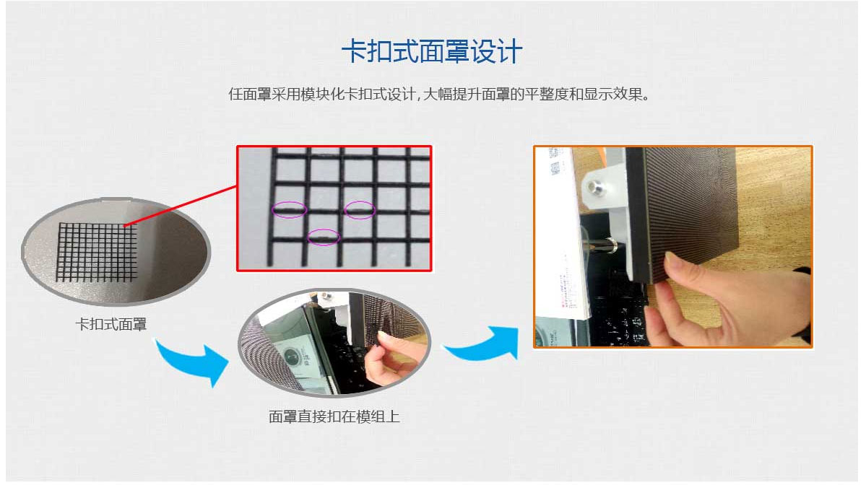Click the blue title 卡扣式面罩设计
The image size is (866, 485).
click(431, 52)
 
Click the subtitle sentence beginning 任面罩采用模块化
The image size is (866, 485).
click(438, 95)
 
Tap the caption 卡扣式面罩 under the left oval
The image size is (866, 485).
click(111, 325)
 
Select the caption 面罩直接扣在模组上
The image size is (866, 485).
click(334, 416)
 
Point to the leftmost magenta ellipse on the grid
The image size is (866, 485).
click(289, 210)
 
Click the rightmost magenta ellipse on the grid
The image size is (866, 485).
click(360, 210)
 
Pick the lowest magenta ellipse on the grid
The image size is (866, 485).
click(323, 237)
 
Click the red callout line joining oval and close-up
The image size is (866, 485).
click(181, 206)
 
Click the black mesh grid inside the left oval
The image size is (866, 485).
click(98, 252)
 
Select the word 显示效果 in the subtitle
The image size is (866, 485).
click(613, 95)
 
